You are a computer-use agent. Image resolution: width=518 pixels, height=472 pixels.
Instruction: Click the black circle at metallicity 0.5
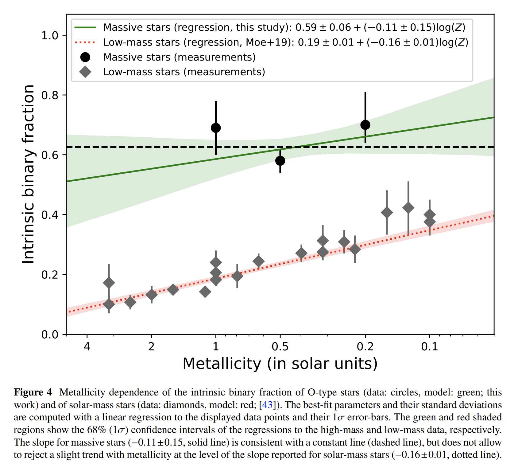coord(280,161)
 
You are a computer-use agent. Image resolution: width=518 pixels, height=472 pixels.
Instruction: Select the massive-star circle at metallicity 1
coord(216,128)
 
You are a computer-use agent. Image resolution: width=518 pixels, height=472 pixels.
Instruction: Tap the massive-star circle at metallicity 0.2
coord(365,125)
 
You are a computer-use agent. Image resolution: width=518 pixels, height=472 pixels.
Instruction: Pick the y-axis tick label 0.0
coord(50,334)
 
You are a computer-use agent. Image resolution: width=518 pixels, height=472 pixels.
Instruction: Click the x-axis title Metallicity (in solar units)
coord(280,364)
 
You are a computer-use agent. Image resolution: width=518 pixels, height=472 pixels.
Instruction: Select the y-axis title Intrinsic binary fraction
coord(29,174)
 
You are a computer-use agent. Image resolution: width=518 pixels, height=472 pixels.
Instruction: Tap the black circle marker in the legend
coord(85,57)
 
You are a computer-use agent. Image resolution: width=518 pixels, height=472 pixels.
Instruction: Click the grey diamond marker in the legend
coord(85,72)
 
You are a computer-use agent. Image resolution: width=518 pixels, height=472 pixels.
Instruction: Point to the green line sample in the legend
coord(85,28)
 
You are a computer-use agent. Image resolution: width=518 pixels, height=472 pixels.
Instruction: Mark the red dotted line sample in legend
coord(85,42)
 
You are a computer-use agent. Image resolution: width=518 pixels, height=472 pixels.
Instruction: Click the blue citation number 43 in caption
coord(267,405)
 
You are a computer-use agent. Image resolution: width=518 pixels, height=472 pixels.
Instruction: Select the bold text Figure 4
coord(33,392)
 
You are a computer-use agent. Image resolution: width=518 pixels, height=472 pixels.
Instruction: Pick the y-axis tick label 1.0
coord(50,35)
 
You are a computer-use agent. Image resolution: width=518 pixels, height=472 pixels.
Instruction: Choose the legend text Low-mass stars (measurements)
coord(184,72)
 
